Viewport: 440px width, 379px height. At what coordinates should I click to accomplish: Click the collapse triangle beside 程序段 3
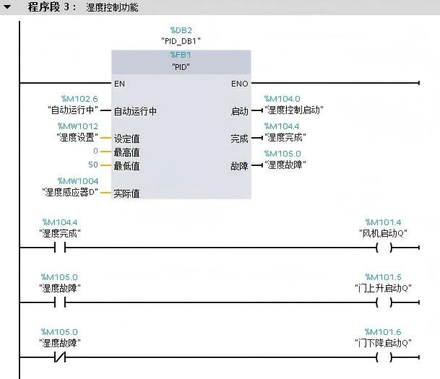click(8, 7)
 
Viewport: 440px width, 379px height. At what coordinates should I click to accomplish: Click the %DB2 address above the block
click(181, 30)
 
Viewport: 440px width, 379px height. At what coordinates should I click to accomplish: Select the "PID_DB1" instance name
click(181, 41)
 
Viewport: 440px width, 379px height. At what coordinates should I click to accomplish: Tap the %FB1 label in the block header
click(181, 55)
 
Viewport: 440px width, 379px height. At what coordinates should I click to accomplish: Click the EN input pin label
click(119, 84)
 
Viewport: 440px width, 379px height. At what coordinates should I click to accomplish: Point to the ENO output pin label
click(239, 84)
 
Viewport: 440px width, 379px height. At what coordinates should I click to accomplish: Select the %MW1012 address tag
click(78, 126)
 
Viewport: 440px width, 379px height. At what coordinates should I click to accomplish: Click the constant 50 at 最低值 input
click(93, 165)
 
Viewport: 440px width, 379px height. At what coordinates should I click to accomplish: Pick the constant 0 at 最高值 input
click(95, 152)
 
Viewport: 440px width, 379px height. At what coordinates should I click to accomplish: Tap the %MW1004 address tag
click(78, 181)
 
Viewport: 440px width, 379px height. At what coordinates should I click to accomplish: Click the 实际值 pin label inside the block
click(126, 193)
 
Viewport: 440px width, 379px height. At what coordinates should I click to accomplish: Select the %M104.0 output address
click(282, 99)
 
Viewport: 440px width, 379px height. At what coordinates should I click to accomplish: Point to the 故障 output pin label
click(239, 165)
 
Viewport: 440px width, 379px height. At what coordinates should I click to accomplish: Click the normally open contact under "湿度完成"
click(59, 248)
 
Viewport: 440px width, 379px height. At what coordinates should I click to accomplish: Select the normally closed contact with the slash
click(59, 357)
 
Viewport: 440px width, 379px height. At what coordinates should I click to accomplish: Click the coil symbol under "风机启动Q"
click(384, 248)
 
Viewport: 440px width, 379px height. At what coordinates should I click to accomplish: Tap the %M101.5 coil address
click(384, 276)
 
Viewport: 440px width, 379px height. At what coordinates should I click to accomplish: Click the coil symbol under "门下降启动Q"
click(384, 357)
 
